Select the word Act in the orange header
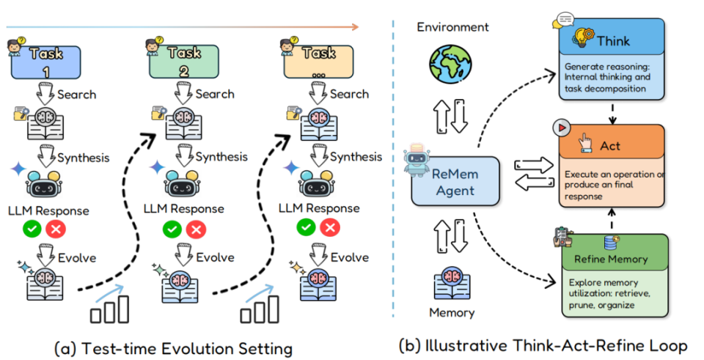point(609,145)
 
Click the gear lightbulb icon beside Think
point(583,37)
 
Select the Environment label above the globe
point(452,27)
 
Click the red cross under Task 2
point(195,229)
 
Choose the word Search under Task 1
point(77,95)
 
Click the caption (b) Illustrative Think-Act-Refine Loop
point(543,346)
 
